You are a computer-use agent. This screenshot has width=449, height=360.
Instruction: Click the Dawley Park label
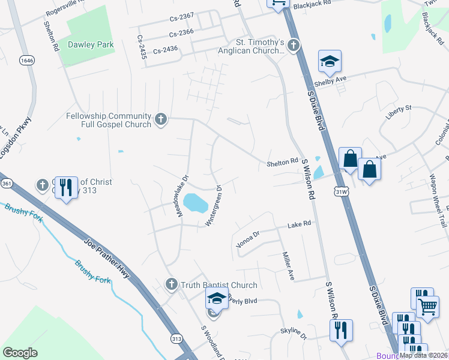(x=89, y=44)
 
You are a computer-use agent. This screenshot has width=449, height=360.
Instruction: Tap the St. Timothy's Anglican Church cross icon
(x=293, y=45)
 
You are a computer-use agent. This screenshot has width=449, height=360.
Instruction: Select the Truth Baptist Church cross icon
(x=171, y=284)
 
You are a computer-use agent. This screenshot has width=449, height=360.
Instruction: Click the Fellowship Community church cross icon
(x=160, y=119)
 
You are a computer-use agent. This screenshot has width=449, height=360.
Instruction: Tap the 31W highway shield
(x=340, y=191)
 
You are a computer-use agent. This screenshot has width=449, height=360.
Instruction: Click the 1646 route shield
(x=26, y=61)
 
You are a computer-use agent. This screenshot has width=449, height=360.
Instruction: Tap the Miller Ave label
(x=288, y=266)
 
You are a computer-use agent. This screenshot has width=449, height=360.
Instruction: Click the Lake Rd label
(x=299, y=224)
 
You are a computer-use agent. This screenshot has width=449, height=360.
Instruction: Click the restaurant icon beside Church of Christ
(x=66, y=189)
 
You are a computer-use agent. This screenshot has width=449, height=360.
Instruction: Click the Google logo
(x=20, y=353)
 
